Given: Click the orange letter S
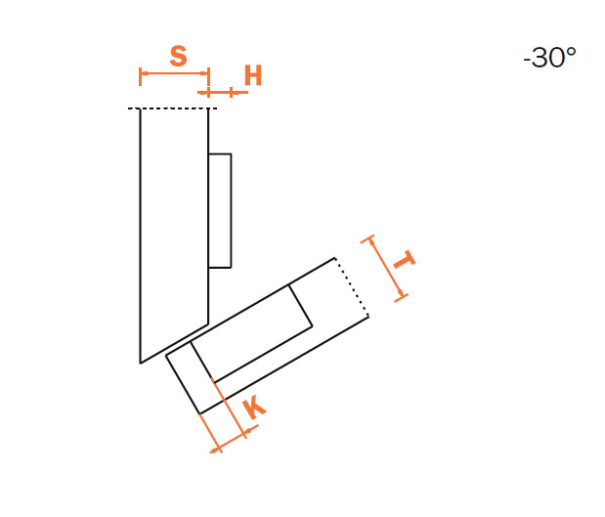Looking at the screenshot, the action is [x=178, y=56].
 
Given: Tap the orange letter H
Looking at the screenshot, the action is [x=253, y=75].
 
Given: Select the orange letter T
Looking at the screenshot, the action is [x=404, y=260].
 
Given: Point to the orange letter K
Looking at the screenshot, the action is [x=254, y=409].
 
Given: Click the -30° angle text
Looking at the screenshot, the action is [x=549, y=58].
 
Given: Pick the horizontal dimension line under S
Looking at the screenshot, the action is [x=174, y=73].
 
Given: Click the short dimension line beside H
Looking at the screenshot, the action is [x=223, y=92].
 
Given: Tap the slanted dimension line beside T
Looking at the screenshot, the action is [x=385, y=268].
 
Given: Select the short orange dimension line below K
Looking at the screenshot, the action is [x=234, y=438].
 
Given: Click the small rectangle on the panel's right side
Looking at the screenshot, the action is [x=220, y=211].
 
